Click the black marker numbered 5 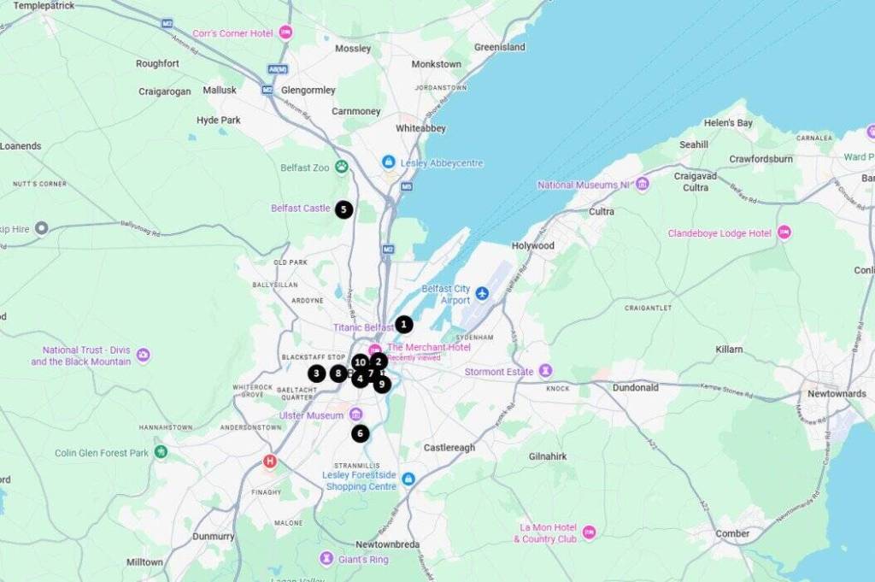(344, 209)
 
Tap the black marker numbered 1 (403, 325)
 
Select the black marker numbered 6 (360, 433)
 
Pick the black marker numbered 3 (317, 373)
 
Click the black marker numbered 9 (381, 385)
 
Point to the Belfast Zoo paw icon (343, 168)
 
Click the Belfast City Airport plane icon (482, 294)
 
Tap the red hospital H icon (270, 462)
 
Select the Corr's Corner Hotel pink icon (285, 32)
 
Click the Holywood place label (532, 245)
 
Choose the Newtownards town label (837, 394)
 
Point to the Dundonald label (635, 387)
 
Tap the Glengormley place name (308, 90)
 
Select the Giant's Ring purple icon (326, 559)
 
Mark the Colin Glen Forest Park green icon (161, 452)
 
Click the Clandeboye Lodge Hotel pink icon (784, 232)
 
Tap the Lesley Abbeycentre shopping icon (389, 162)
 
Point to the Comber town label (732, 533)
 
